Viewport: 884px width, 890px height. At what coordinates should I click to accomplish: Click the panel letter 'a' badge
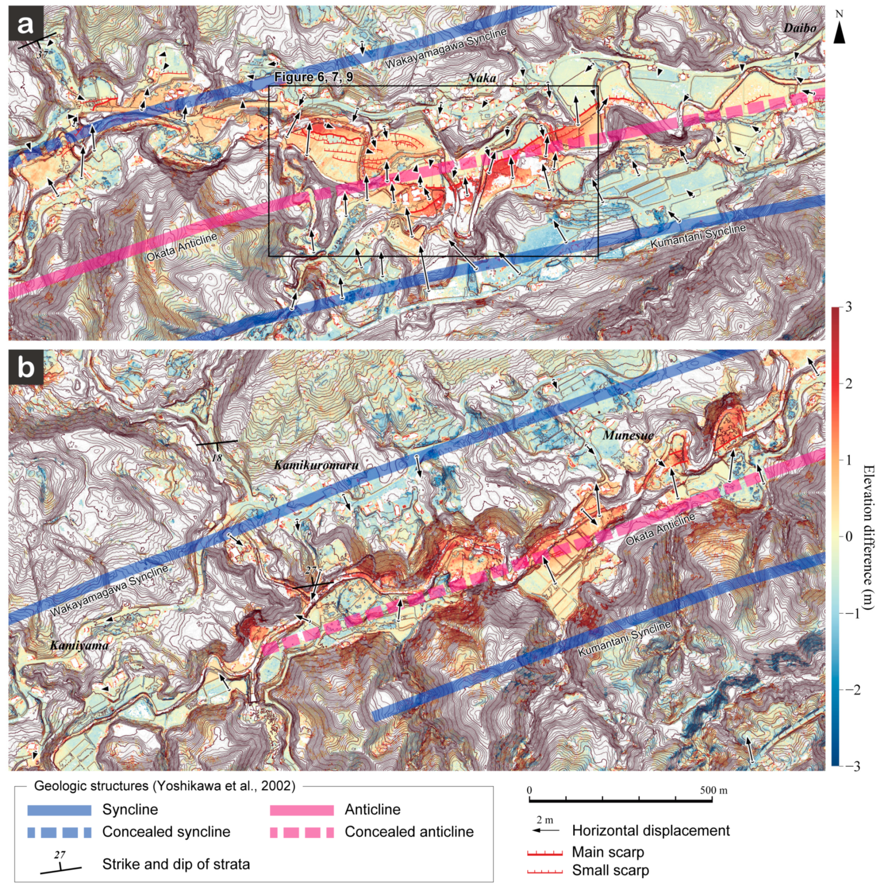point(26,24)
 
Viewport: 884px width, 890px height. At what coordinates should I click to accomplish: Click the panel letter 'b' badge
point(26,368)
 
